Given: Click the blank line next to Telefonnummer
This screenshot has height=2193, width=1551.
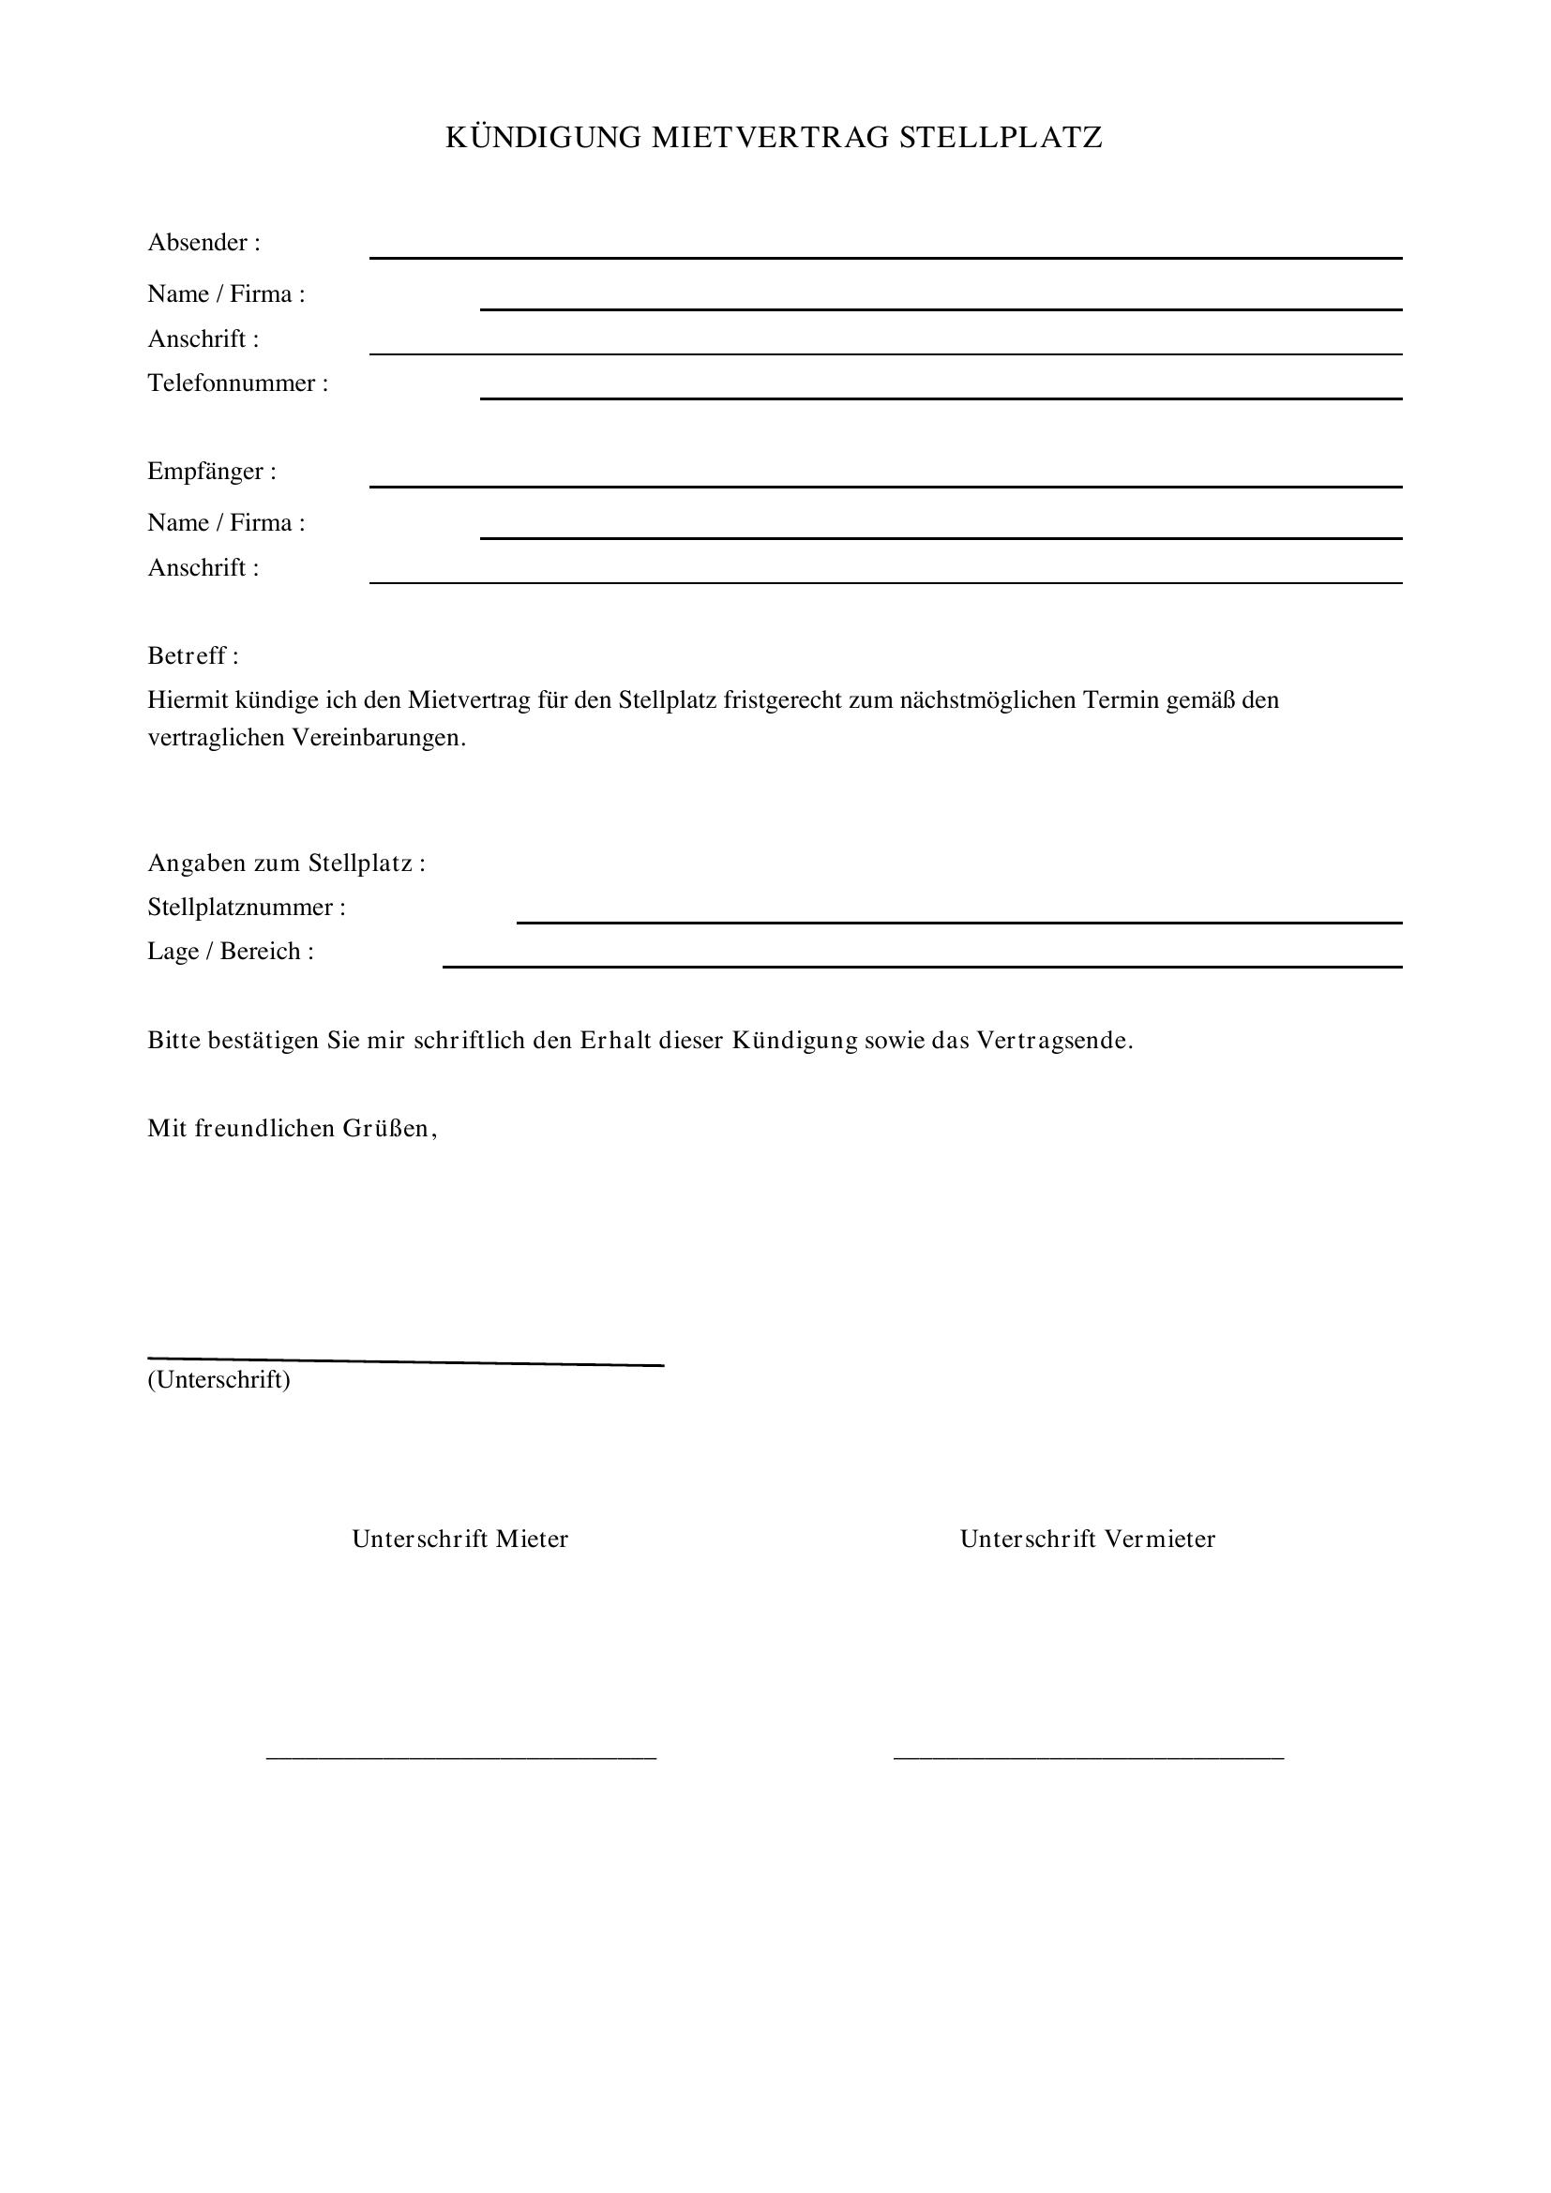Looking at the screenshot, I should tap(940, 397).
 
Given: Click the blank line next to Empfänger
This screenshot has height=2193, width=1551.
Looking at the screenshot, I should tap(885, 486).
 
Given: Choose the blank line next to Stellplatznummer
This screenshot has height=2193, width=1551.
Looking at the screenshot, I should tap(959, 922).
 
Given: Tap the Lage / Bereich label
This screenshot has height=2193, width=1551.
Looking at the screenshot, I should tap(230, 952).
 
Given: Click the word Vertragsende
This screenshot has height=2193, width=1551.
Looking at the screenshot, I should tap(1053, 1040).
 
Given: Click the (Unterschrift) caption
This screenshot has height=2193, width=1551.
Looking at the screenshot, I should tap(218, 1379).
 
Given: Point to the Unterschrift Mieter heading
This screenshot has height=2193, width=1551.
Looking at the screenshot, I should tap(460, 1539).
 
